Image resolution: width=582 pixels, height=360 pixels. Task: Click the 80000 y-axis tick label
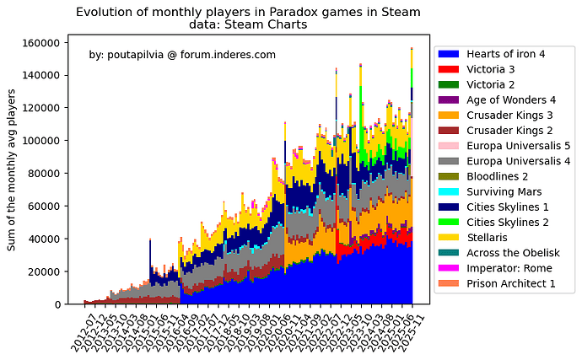[43, 174]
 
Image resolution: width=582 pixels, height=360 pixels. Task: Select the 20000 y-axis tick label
[43, 271]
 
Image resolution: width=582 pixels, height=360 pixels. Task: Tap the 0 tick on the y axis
[56, 304]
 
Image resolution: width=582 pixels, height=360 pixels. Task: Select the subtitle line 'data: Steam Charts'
[248, 24]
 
